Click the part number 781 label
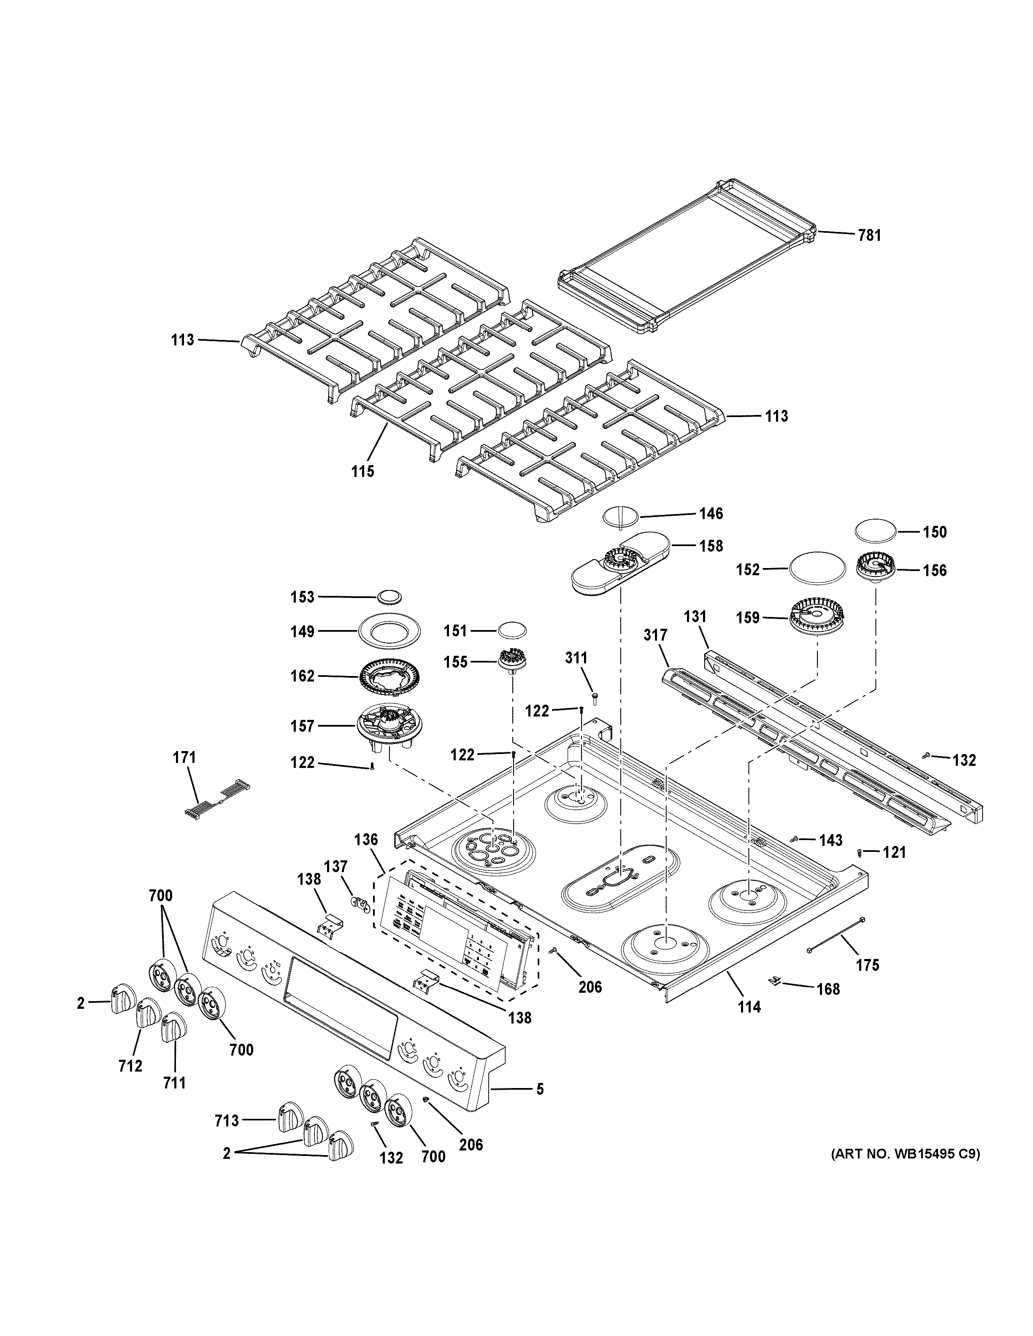[869, 235]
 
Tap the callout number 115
[363, 471]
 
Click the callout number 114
[749, 1007]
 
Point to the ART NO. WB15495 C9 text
[905, 1154]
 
